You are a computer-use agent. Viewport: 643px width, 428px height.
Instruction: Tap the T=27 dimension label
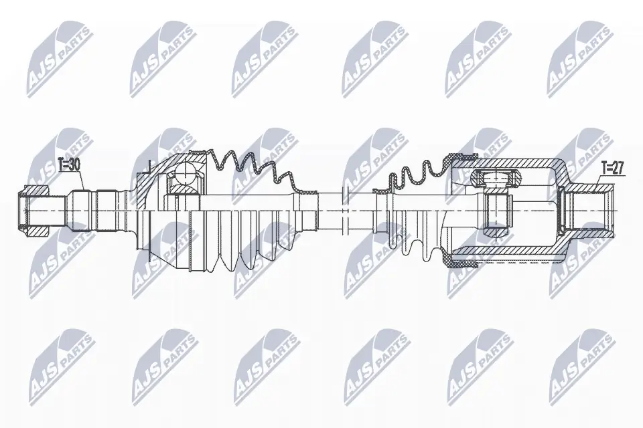click(612, 169)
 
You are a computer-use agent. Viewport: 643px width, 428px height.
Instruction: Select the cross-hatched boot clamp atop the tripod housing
click(464, 158)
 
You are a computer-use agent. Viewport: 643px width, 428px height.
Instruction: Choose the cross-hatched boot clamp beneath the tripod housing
click(464, 261)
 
